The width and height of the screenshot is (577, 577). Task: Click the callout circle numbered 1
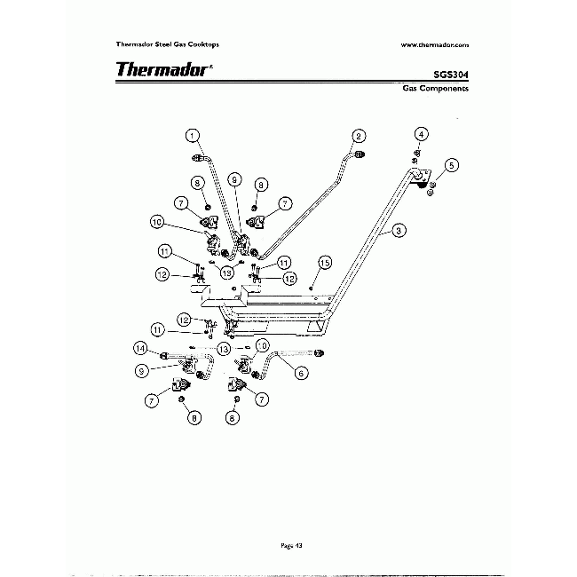[x=191, y=136]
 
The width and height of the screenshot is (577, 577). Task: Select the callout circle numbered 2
[x=358, y=136]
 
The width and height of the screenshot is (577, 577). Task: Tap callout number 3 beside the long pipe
[x=400, y=230]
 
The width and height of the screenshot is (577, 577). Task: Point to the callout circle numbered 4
[x=423, y=134]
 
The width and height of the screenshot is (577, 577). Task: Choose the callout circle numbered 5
[x=452, y=165]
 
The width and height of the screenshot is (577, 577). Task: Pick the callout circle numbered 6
[x=301, y=374]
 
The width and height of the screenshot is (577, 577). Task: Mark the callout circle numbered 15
[x=325, y=263]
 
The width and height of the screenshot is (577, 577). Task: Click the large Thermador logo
[x=162, y=69]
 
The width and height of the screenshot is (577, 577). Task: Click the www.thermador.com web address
[x=434, y=43]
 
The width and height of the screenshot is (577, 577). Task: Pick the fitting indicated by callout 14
[x=166, y=354]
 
